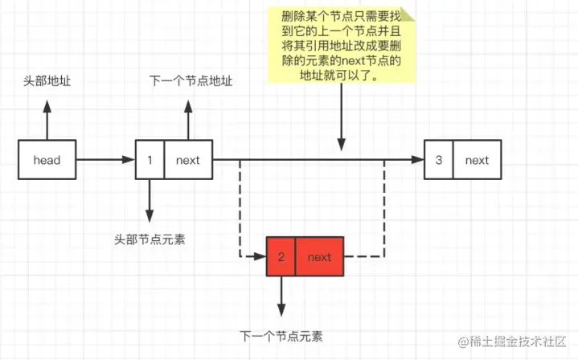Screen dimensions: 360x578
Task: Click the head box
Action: [47, 160]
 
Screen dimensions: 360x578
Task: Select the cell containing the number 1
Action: [150, 160]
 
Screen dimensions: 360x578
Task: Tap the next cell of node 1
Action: [187, 160]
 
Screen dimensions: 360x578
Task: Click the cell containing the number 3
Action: [438, 160]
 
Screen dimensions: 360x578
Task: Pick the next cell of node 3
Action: [477, 160]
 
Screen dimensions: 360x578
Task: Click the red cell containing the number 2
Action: [281, 257]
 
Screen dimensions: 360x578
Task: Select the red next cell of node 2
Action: [319, 257]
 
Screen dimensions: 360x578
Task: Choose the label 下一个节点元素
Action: [281, 336]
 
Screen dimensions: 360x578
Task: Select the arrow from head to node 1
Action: [105, 160]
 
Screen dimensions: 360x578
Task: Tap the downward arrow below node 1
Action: [149, 201]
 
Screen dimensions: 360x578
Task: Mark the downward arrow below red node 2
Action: [281, 297]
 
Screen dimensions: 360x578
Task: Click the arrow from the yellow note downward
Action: [342, 121]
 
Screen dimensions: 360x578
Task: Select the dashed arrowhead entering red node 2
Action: [259, 257]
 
